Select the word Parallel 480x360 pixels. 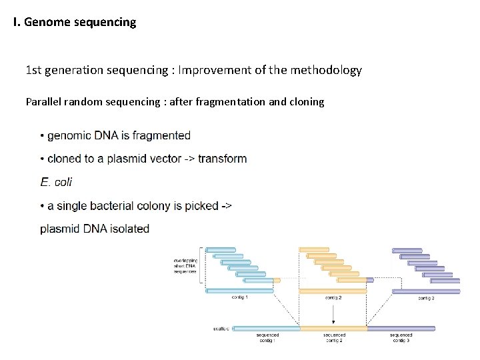pos(44,102)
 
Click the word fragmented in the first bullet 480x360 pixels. pos(161,135)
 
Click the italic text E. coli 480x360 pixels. pos(56,182)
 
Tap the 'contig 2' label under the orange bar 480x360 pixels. pos(333,298)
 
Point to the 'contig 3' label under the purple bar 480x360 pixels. pos(426,298)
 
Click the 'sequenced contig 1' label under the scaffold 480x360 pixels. pos(267,338)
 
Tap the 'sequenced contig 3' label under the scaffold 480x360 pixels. pos(401,338)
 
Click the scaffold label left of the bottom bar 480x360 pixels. pos(221,329)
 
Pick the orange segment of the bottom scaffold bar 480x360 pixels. pos(333,329)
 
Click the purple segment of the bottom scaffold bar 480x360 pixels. pos(401,329)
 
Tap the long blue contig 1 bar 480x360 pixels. pos(240,291)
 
